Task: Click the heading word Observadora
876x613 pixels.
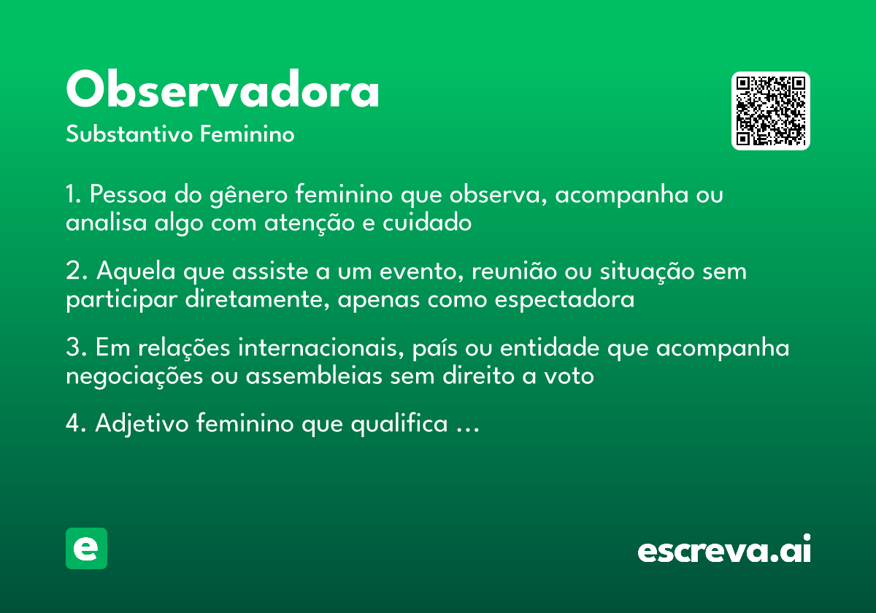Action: point(223,90)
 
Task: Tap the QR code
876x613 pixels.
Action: point(771,111)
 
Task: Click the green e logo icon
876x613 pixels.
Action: point(86,548)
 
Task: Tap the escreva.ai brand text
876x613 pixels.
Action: point(724,550)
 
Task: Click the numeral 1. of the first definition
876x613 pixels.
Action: point(74,196)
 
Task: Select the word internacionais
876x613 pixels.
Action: point(320,349)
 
